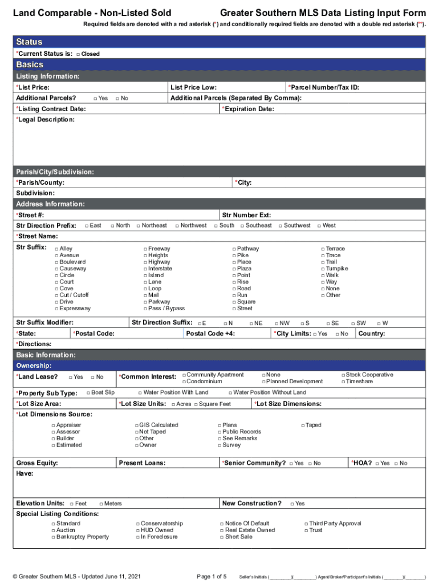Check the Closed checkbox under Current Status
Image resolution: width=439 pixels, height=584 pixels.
pyautogui.click(x=78, y=54)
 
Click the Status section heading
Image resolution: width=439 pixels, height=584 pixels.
pyautogui.click(x=29, y=42)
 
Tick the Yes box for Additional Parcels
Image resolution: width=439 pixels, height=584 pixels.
pyautogui.click(x=95, y=98)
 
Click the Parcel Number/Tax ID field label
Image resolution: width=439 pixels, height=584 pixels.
pyautogui.click(x=324, y=87)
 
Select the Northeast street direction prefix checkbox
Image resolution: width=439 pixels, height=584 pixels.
pyautogui.click(x=139, y=226)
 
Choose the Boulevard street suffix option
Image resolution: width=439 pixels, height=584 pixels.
pyautogui.click(x=56, y=262)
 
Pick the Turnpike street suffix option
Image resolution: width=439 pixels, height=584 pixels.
pyautogui.click(x=323, y=269)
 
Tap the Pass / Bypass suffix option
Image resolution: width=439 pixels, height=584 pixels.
pyautogui.click(x=145, y=309)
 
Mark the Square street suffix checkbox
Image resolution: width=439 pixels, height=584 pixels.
pyautogui.click(x=234, y=302)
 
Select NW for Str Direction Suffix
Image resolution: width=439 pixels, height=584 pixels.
pyautogui.click(x=277, y=323)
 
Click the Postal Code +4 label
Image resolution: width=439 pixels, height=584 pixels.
pyautogui.click(x=210, y=334)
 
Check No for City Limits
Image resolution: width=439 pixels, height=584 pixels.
pyautogui.click(x=337, y=334)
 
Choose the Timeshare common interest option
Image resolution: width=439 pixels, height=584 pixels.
pyautogui.click(x=343, y=382)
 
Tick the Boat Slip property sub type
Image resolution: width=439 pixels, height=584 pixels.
pyautogui.click(x=88, y=392)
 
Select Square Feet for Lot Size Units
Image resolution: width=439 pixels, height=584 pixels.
pyautogui.click(x=196, y=405)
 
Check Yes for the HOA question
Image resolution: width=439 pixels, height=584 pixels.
pyautogui.click(x=377, y=464)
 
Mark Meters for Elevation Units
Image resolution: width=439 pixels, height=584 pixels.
pyautogui.click(x=101, y=504)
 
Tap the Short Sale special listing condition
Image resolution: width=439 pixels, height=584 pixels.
pyautogui.click(x=222, y=537)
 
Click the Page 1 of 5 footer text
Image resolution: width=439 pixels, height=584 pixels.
pyautogui.click(x=212, y=576)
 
